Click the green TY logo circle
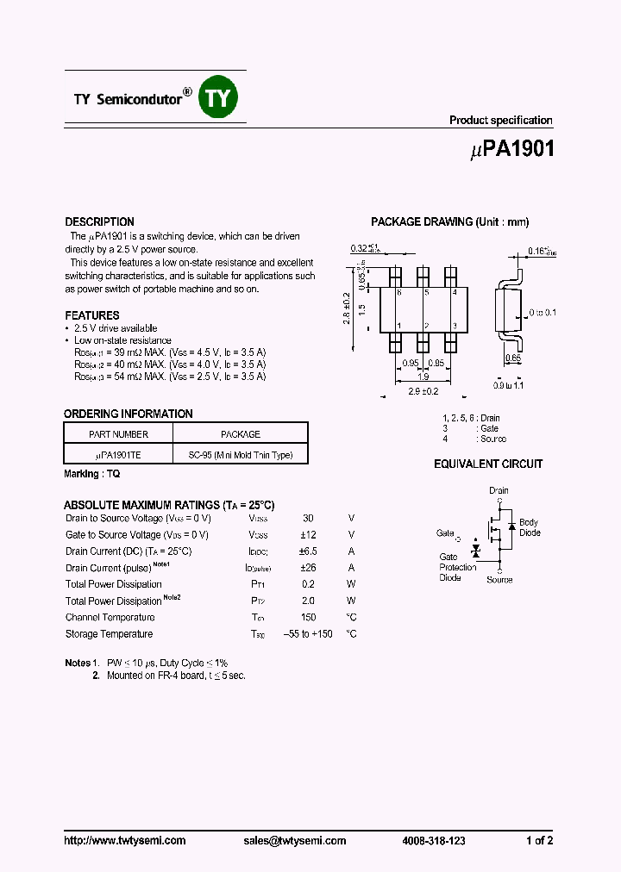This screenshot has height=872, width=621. coord(218,98)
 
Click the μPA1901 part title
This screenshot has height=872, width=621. coord(512,149)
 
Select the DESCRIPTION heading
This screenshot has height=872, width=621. coord(100,221)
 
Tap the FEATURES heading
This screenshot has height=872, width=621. coord(92,315)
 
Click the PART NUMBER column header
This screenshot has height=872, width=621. coord(119,434)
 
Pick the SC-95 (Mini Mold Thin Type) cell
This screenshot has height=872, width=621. coord(240,455)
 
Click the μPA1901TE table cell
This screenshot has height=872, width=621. coord(119,455)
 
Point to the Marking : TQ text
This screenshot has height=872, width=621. coord(92,475)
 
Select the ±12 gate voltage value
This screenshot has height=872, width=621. coord(308,535)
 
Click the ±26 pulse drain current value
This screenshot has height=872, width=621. coord(308,568)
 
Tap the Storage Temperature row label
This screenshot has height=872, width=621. coord(110,634)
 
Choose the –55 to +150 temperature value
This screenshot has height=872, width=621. coord(308,634)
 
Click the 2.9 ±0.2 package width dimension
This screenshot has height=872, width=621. coord(424,391)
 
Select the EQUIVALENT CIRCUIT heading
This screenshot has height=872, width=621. coord(488,464)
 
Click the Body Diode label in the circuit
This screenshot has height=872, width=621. coord(529,527)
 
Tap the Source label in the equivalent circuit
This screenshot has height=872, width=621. coord(499,580)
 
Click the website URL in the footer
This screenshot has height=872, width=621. coord(125,841)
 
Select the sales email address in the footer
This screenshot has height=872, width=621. coord(294,841)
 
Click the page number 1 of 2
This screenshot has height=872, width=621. coord(540,841)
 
